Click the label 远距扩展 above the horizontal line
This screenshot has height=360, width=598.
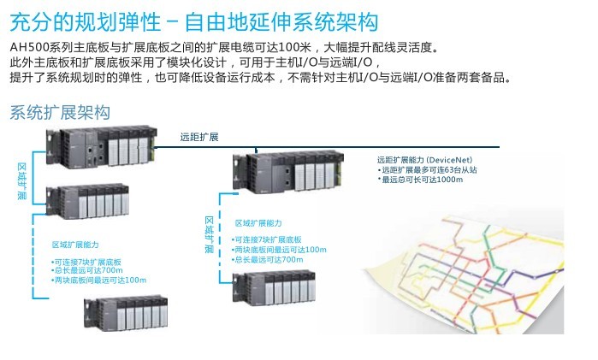[199, 137]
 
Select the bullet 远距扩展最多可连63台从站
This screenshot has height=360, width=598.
[428, 170]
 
